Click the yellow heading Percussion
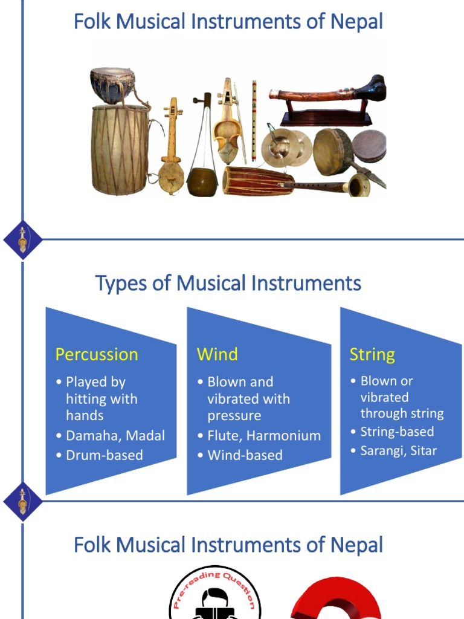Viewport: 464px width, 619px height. click(97, 354)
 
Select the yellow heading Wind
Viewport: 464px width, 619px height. click(217, 354)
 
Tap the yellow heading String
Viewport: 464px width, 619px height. click(372, 354)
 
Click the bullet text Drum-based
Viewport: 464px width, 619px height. click(104, 455)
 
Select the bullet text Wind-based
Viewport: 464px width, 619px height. click(245, 455)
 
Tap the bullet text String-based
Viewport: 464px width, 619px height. click(397, 432)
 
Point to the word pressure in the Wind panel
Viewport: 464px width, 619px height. click(234, 416)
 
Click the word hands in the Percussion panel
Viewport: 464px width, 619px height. click(85, 416)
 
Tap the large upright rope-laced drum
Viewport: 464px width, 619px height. click(120, 149)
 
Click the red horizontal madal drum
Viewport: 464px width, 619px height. click(258, 180)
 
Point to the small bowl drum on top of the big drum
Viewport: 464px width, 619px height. click(112, 84)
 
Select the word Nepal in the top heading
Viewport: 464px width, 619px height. click(356, 22)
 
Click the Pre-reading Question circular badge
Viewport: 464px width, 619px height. click(215, 595)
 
